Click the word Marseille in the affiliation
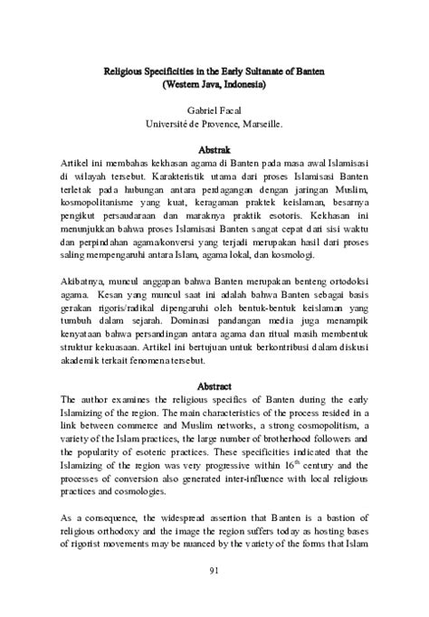tap(259, 124)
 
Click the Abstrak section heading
tap(214, 147)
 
